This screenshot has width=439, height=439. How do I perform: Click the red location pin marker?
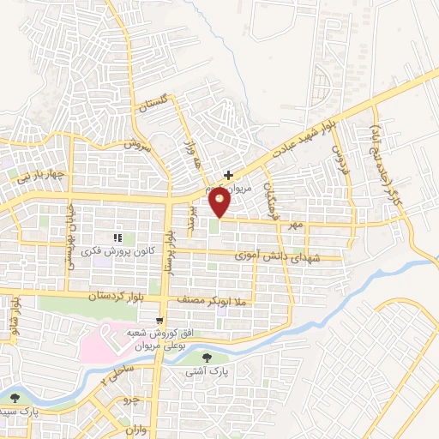coord(220,203)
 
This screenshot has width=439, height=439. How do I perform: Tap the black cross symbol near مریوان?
coord(227,174)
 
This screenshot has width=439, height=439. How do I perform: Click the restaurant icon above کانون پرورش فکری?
coord(118,238)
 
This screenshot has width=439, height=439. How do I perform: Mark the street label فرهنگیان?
coord(272,199)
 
